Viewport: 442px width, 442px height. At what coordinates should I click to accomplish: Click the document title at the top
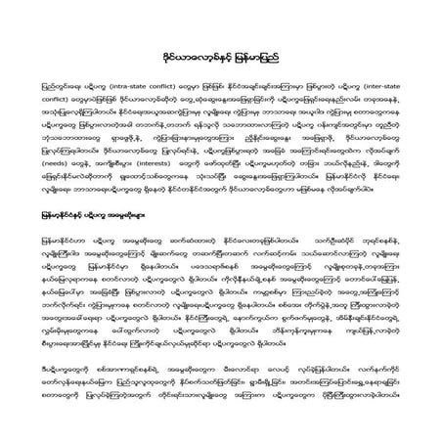point(220,59)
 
